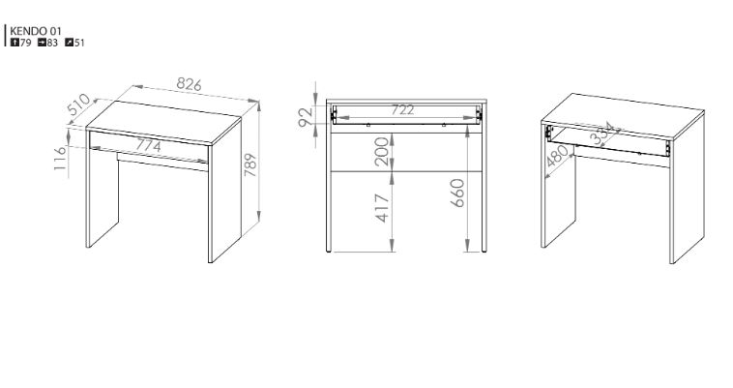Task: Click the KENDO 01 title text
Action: click(x=36, y=31)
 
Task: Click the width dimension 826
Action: click(x=189, y=84)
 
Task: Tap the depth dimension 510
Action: click(x=78, y=104)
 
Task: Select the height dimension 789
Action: click(x=250, y=164)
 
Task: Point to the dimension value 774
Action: click(x=148, y=146)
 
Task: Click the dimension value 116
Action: click(x=60, y=158)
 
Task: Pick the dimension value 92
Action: click(x=305, y=117)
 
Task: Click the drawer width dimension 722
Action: click(x=402, y=110)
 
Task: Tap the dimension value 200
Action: click(x=382, y=152)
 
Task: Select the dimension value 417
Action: click(x=382, y=208)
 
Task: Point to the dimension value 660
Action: click(x=457, y=193)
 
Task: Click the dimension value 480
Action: click(x=558, y=156)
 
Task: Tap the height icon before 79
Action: click(x=15, y=43)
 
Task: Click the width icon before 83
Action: click(x=42, y=43)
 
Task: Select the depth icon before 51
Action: click(x=70, y=43)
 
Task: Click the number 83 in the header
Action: click(x=52, y=43)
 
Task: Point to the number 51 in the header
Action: click(x=79, y=43)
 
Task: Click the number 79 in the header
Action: click(x=25, y=43)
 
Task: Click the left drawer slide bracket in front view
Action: click(x=334, y=114)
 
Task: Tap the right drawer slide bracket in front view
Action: click(x=479, y=114)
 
